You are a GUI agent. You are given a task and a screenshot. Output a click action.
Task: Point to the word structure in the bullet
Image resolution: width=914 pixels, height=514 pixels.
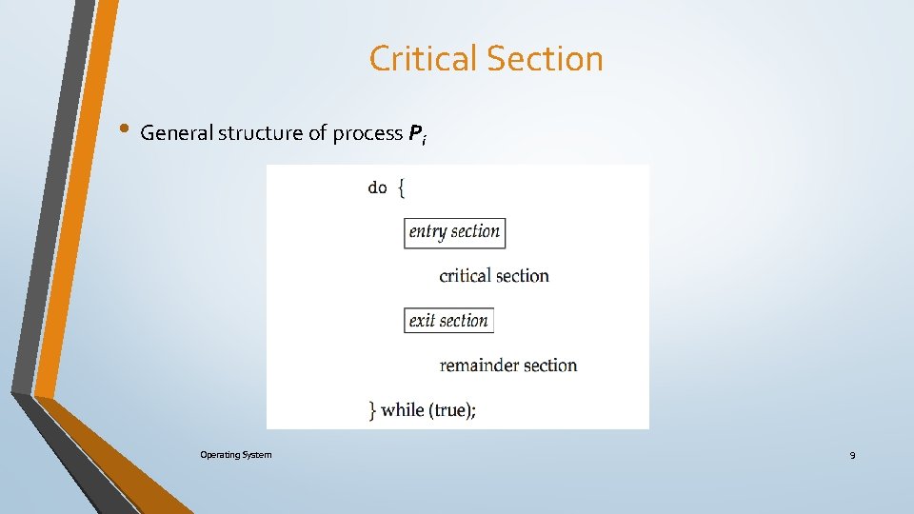click(260, 133)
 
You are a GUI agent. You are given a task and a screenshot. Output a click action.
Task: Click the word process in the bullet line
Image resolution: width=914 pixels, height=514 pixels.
click(368, 134)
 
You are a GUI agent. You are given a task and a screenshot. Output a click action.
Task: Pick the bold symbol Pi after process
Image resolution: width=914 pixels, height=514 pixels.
click(417, 134)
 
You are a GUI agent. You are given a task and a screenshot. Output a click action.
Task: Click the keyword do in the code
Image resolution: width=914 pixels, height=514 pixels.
click(378, 188)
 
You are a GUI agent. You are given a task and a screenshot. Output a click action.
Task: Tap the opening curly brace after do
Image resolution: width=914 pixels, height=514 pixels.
click(401, 188)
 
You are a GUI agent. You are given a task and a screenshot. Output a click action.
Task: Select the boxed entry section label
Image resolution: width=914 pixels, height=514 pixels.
click(454, 232)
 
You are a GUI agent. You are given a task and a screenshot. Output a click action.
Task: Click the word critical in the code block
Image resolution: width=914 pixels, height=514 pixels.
click(466, 276)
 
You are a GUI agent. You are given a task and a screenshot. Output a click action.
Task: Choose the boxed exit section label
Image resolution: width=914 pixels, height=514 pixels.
click(448, 321)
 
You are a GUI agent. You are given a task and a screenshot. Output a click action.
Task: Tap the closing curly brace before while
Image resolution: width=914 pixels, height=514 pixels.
click(373, 410)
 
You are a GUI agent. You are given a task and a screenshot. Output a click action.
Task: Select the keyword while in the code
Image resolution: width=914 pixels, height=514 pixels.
click(404, 410)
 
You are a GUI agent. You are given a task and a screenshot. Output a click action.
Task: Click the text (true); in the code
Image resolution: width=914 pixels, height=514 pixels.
click(453, 410)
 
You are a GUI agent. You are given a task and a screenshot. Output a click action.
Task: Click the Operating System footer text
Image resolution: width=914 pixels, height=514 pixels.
click(235, 455)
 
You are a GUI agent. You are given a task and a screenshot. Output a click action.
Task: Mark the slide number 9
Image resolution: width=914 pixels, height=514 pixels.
click(852, 456)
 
